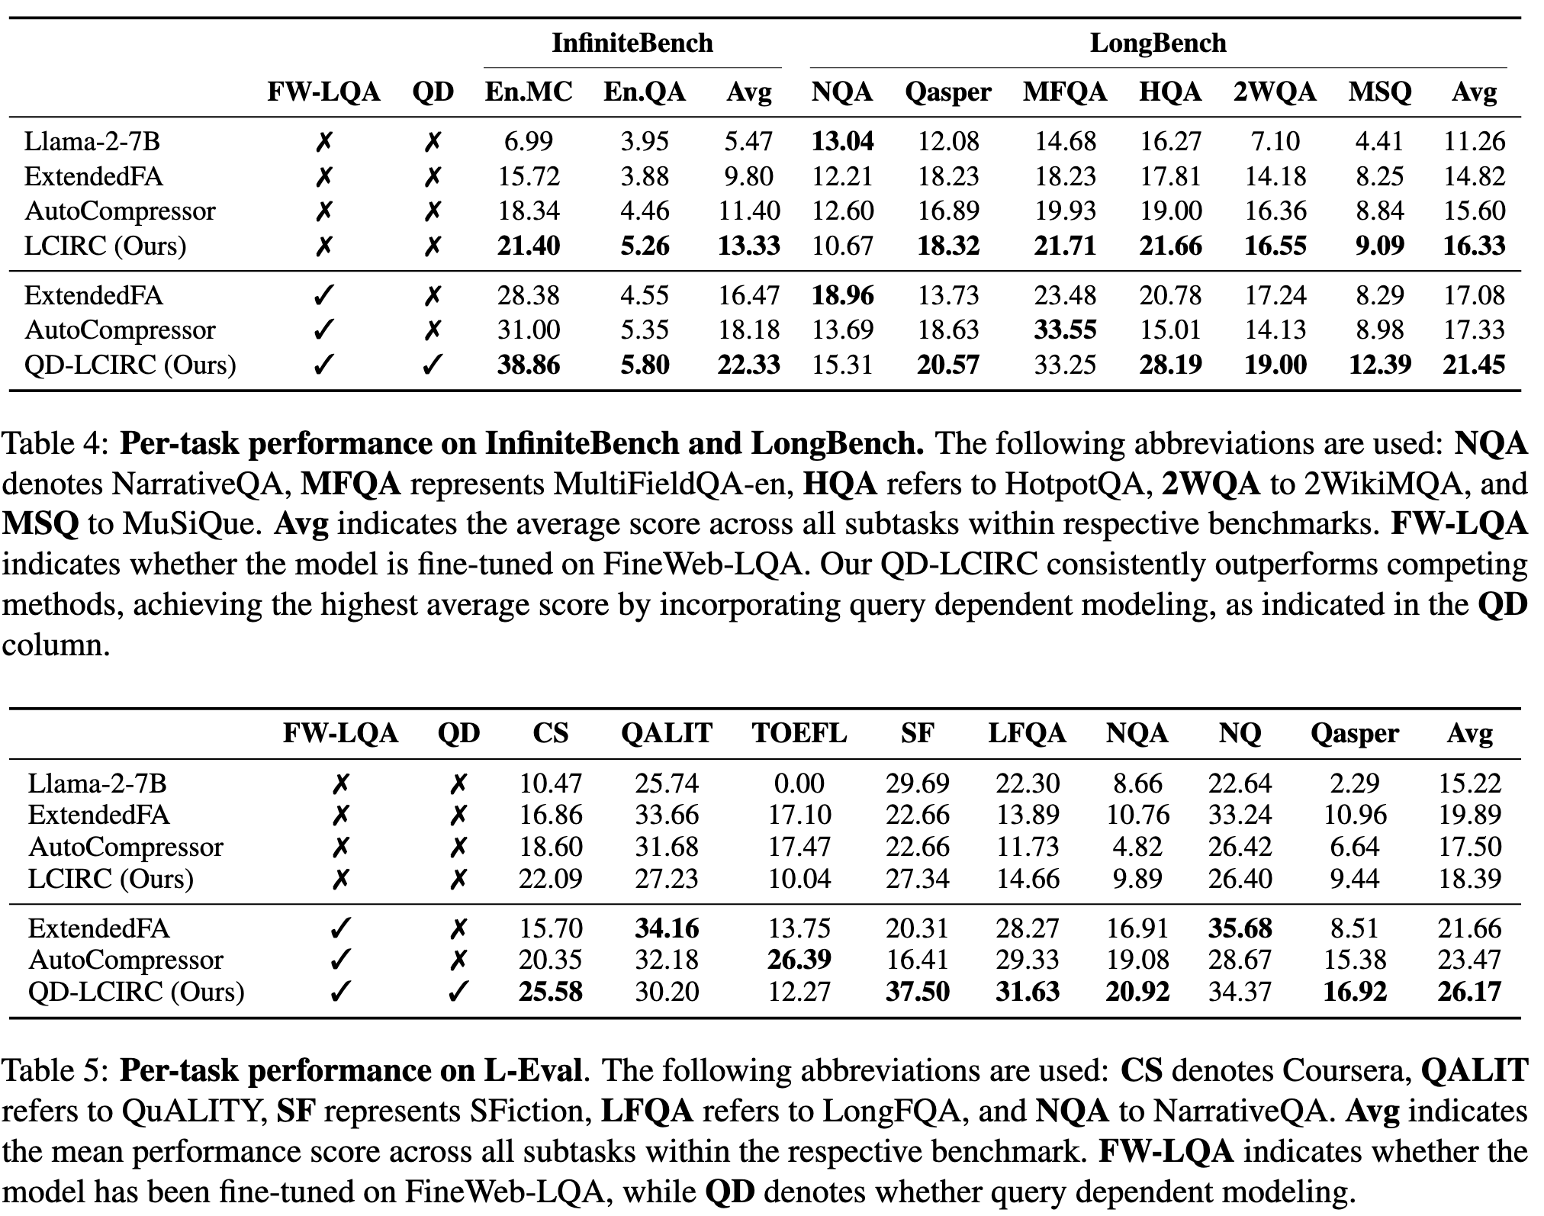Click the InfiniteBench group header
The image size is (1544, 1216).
[632, 43]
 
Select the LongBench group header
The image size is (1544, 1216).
[1157, 43]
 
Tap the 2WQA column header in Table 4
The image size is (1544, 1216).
[1274, 92]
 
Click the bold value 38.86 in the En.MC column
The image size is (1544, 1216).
[528, 365]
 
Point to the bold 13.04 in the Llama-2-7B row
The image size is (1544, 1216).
[842, 141]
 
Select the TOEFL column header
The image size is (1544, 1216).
[799, 733]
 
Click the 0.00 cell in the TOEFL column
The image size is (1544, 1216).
[799, 783]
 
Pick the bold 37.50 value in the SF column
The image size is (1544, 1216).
[917, 991]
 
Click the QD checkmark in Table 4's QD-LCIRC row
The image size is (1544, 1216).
[432, 365]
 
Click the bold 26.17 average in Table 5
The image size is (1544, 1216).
[1469, 991]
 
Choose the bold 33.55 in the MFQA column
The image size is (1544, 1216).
[1064, 330]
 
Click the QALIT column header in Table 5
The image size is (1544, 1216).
[666, 733]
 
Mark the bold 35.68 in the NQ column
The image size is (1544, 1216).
[1240, 928]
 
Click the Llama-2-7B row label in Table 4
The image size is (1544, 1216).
[92, 141]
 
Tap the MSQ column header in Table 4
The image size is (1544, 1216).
[1379, 92]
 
